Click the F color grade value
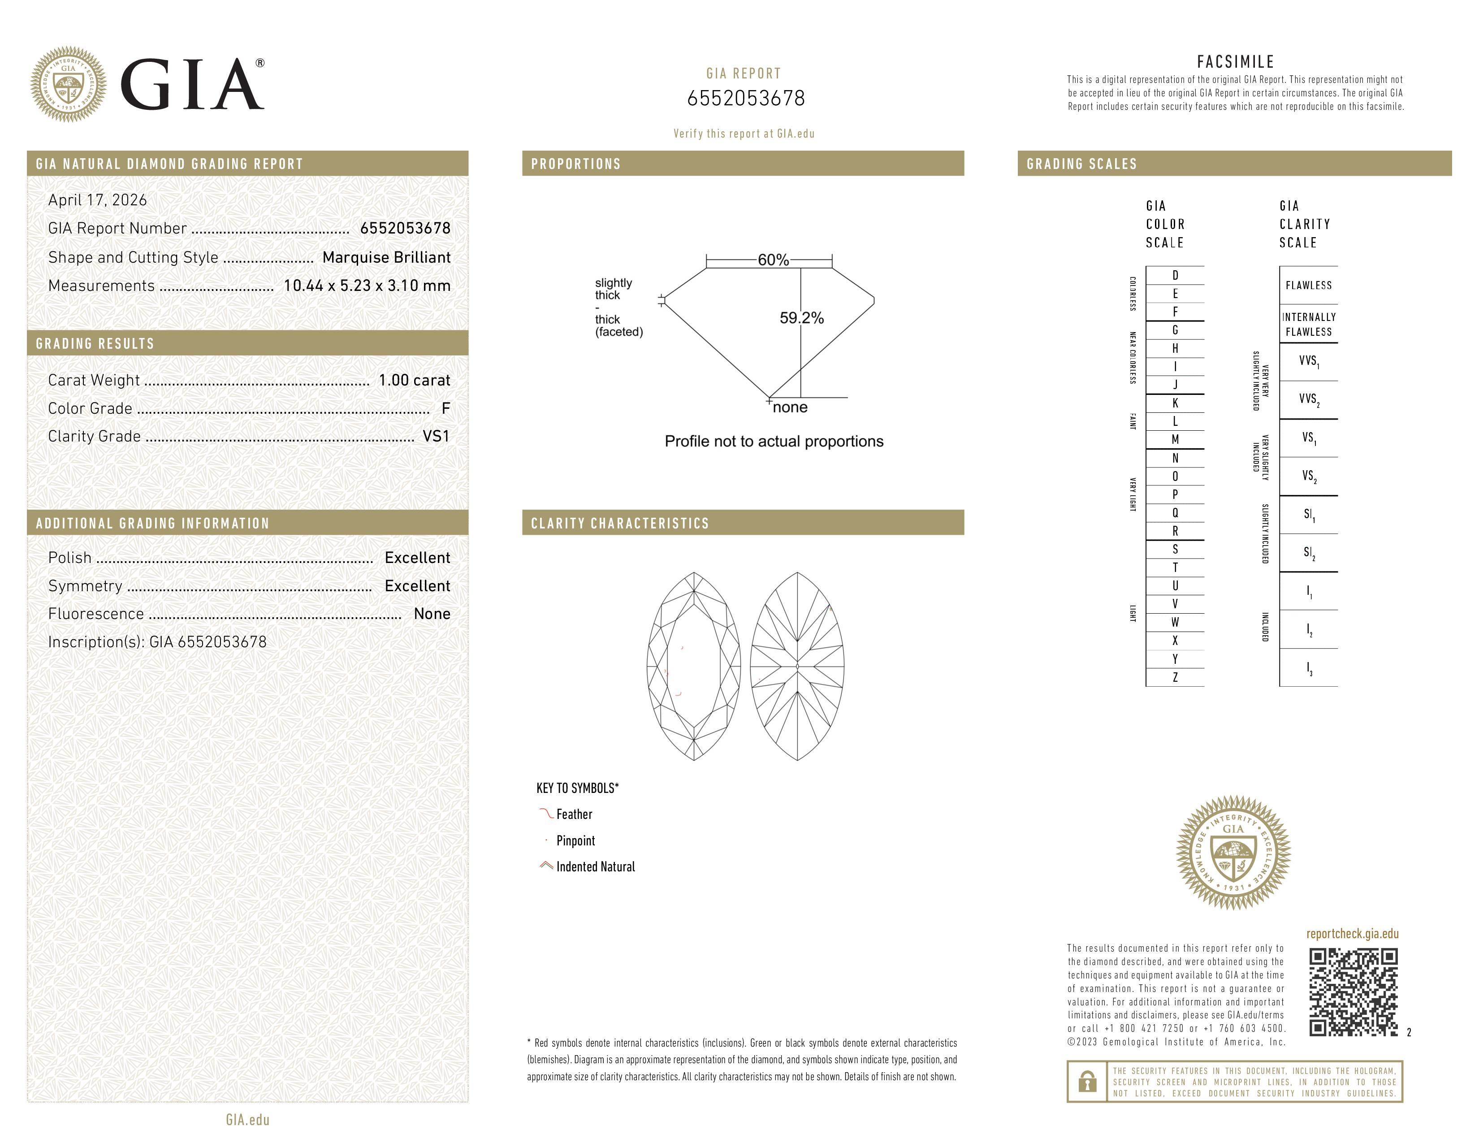coord(445,408)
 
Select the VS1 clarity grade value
coord(436,436)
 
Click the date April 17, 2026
coord(97,200)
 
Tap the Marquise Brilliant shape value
coord(386,257)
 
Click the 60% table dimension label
coord(773,260)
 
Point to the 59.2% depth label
coord(801,318)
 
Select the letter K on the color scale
coord(1175,403)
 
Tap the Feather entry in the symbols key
coord(574,814)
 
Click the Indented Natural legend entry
coord(595,867)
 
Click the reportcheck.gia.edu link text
coord(1352,934)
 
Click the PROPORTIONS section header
coord(575,164)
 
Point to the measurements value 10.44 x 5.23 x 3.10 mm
coord(366,286)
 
